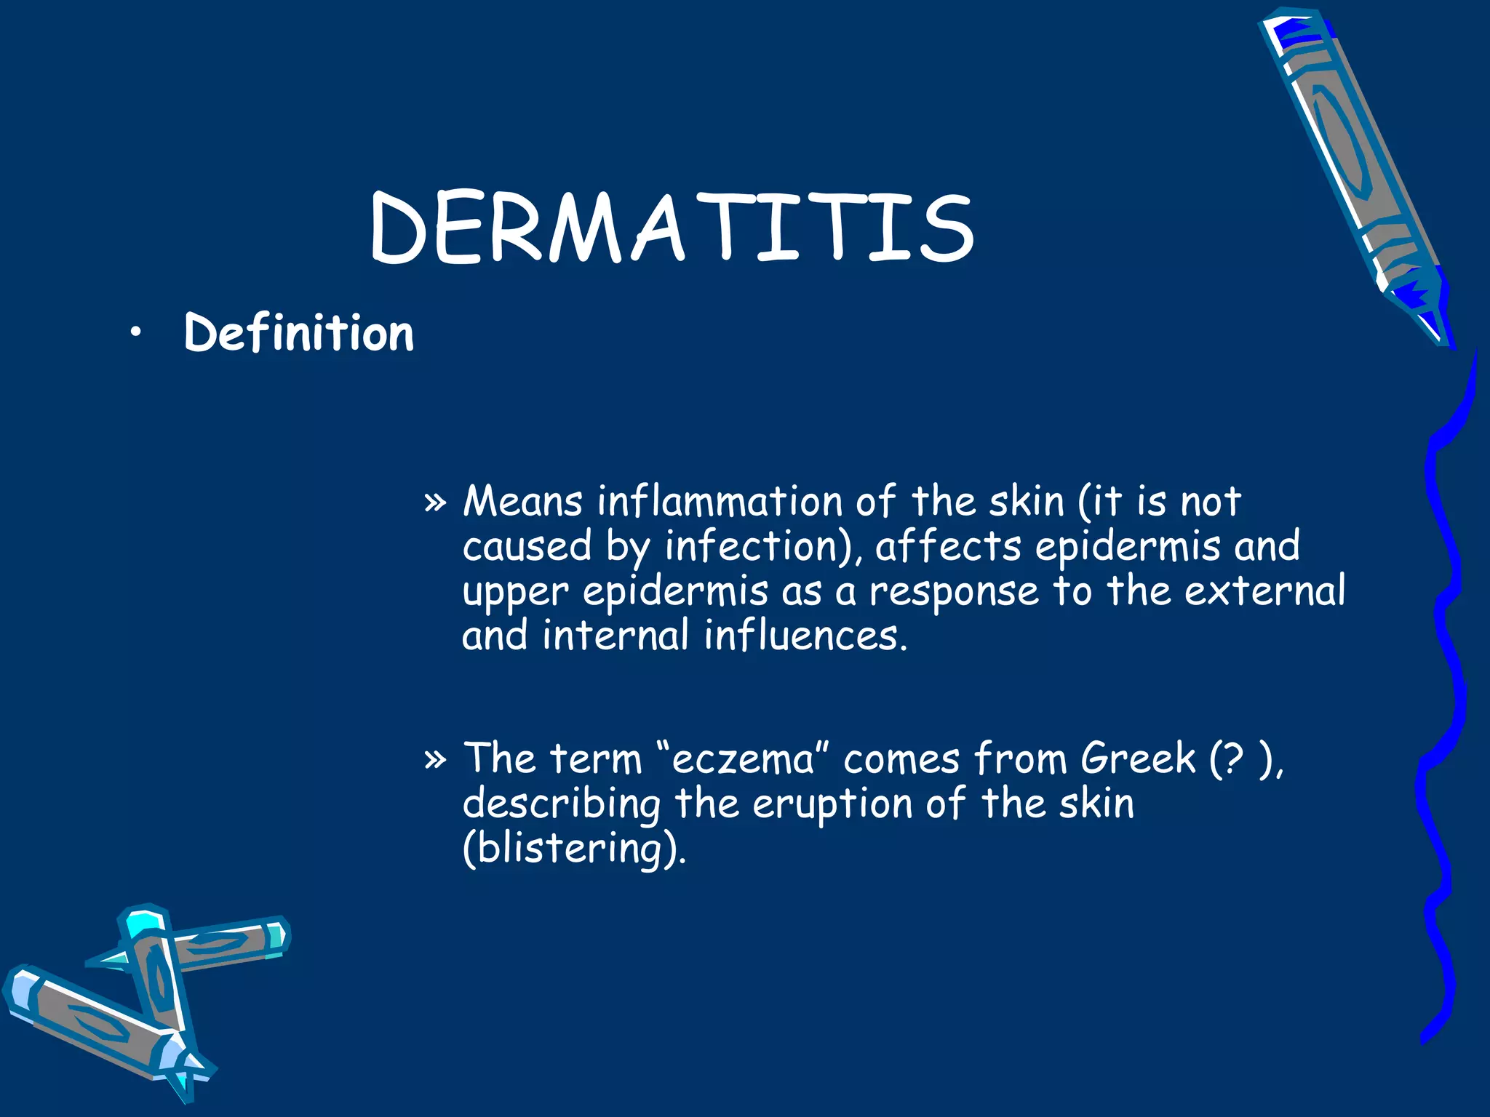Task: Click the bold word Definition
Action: point(298,333)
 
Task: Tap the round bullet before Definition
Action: point(135,333)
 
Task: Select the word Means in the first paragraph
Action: point(522,502)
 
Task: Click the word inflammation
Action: point(719,502)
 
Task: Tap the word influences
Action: point(805,636)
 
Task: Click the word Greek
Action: point(1137,759)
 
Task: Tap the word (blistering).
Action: point(574,849)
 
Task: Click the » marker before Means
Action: point(434,503)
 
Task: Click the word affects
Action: point(948,547)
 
